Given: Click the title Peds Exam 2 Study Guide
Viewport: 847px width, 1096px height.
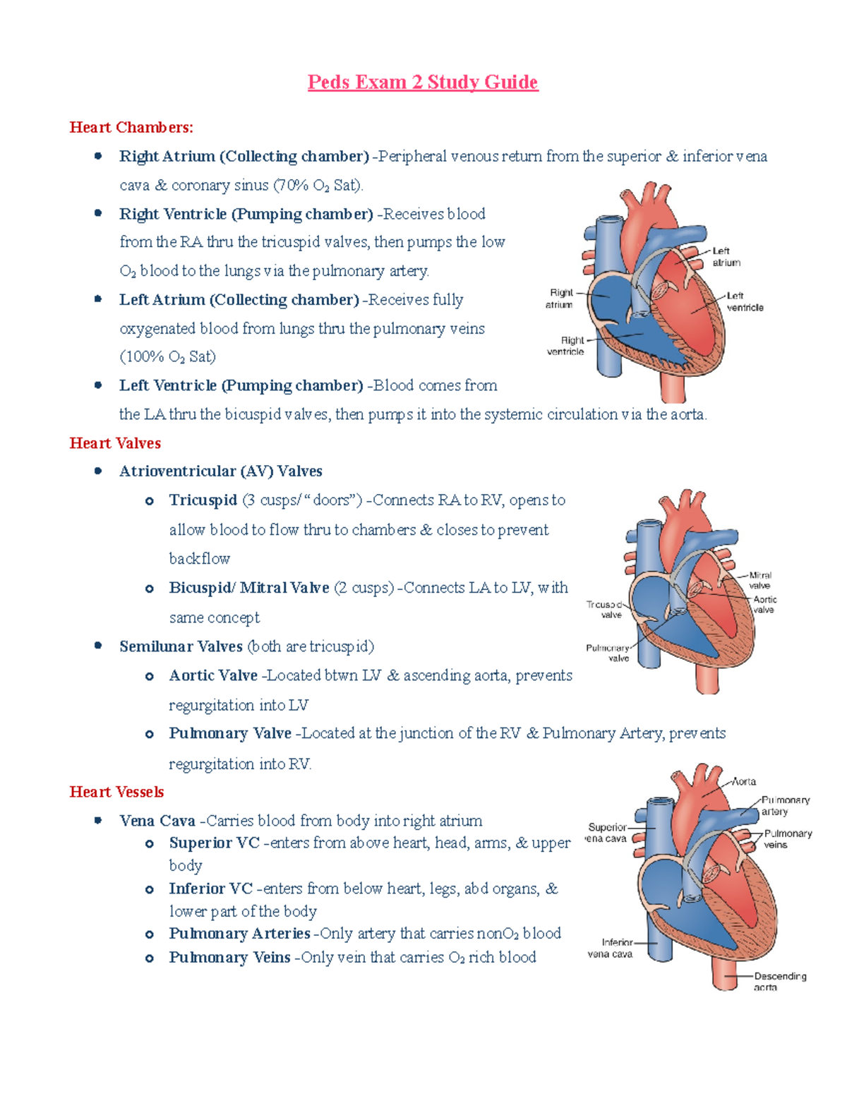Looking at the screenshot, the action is tap(423, 83).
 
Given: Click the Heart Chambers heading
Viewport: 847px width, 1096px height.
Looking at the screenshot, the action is tap(131, 128).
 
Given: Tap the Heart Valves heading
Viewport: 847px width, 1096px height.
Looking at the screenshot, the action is tap(115, 443).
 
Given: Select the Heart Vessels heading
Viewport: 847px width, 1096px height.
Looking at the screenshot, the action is tap(116, 792).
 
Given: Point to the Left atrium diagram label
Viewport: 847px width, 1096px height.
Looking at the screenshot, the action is tap(726, 257).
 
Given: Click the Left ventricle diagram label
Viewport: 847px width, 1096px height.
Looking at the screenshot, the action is tap(744, 302).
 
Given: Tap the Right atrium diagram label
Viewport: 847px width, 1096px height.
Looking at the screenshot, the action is tap(559, 299).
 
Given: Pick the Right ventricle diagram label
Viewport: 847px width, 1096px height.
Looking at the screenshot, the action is tap(566, 346).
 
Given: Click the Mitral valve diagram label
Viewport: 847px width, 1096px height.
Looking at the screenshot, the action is tap(759, 580).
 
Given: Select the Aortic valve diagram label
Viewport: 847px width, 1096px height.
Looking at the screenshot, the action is tap(764, 604).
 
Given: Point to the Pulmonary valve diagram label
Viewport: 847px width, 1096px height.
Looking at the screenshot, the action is tap(608, 653).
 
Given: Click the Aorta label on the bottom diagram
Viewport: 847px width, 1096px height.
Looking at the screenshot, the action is tap(744, 781).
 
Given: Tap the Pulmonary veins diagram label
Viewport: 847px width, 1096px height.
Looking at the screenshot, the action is tap(787, 839).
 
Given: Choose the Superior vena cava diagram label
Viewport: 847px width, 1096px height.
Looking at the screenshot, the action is tap(606, 833).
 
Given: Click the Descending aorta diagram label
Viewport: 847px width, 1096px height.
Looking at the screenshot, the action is tap(779, 982).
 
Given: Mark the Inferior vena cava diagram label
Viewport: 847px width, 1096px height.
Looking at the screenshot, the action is tap(611, 948).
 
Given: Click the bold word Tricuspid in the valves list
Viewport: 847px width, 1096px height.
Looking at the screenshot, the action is tap(203, 500).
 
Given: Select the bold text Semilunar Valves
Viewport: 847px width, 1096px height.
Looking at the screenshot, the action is tap(181, 646).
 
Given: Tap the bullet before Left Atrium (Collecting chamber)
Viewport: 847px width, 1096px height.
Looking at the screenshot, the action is tap(98, 299).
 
